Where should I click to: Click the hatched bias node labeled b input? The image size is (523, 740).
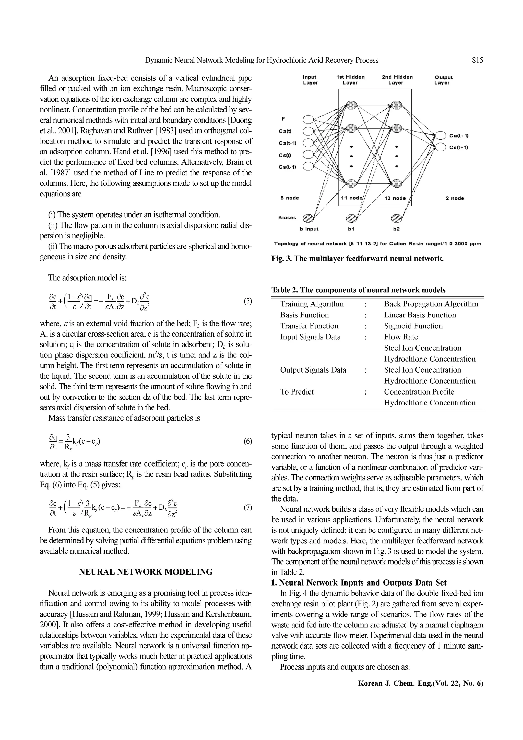pyautogui.click(x=308, y=218)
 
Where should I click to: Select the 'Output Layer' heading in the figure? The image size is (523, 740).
pyautogui.click(x=443, y=80)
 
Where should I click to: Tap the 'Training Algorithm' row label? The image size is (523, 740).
pyautogui.click(x=312, y=304)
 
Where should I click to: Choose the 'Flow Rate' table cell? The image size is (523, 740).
pyautogui.click(x=400, y=337)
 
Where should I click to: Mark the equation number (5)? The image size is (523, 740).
pyautogui.click(x=247, y=301)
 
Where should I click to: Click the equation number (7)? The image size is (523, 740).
pyautogui.click(x=247, y=508)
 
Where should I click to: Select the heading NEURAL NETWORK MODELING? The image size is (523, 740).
pyautogui.click(x=146, y=572)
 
